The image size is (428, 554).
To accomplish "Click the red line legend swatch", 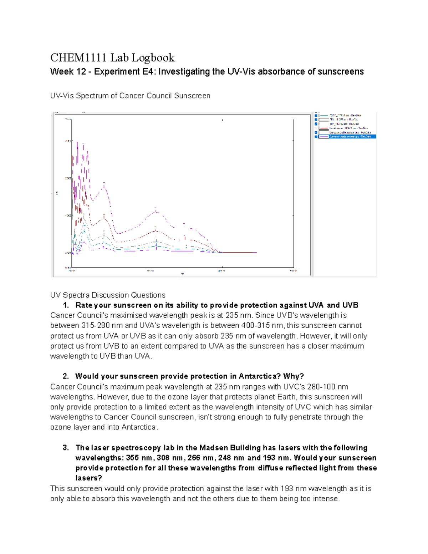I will click(x=323, y=128).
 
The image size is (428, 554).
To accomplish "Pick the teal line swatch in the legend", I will click(x=323, y=116).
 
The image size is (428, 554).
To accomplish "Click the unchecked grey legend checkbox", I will click(x=316, y=128).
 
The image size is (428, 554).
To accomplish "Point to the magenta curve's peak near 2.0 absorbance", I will click(x=104, y=183).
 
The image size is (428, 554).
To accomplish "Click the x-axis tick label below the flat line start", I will click(x=221, y=271).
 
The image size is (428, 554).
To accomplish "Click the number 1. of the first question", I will click(x=66, y=305).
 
